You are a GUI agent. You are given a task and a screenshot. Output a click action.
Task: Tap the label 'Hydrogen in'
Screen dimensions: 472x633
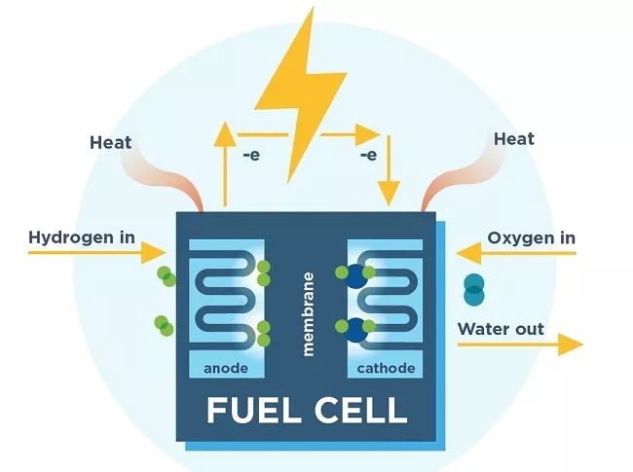[81, 236]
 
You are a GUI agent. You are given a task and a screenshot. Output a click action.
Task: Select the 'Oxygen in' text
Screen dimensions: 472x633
[531, 237]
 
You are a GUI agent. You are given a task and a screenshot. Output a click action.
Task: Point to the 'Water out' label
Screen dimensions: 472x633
[501, 329]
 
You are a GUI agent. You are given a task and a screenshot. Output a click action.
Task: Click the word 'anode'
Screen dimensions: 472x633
[226, 369]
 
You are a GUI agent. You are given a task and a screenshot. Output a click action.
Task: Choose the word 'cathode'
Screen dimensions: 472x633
[386, 369]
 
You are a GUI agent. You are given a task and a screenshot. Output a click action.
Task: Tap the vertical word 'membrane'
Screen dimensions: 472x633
[308, 313]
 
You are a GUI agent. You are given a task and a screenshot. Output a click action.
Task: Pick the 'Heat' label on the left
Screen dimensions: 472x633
[110, 143]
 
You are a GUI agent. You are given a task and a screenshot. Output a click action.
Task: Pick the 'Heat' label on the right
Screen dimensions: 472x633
[513, 139]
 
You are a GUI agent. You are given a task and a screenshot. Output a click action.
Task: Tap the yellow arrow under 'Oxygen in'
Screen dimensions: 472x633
[516, 254]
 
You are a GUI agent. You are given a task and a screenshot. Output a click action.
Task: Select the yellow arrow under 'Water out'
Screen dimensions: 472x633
[520, 344]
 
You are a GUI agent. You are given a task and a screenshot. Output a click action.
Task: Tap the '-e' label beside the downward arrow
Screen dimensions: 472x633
[368, 155]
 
